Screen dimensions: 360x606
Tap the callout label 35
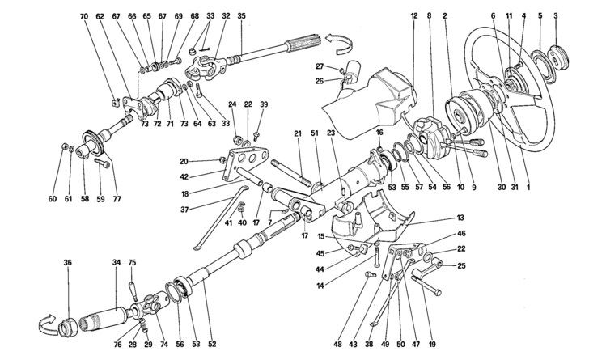(242, 16)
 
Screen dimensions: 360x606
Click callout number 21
(298, 134)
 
